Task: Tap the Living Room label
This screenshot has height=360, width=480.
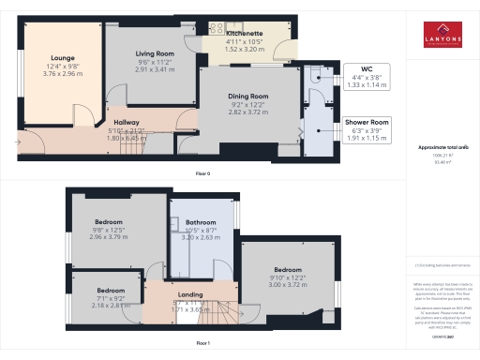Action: pyautogui.click(x=156, y=54)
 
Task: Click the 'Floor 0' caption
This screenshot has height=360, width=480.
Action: pyautogui.click(x=202, y=174)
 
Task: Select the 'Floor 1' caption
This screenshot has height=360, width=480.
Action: pyautogui.click(x=202, y=344)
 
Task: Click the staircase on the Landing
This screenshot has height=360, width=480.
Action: pyautogui.click(x=217, y=311)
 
